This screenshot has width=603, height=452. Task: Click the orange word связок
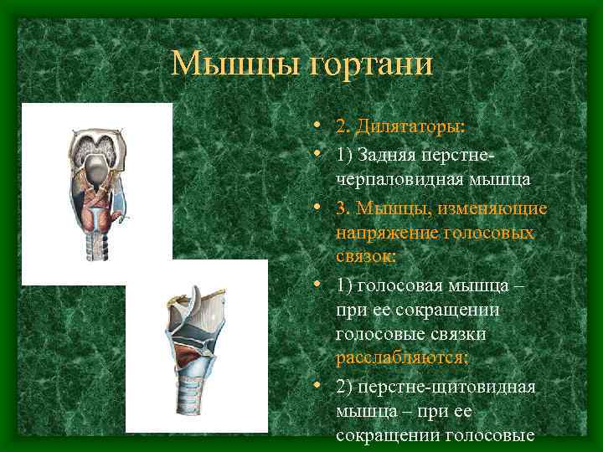[367, 255]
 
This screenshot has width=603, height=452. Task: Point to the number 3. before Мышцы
[343, 206]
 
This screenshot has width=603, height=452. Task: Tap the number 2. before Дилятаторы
[343, 127]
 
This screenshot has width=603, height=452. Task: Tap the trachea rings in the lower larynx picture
[193, 406]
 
